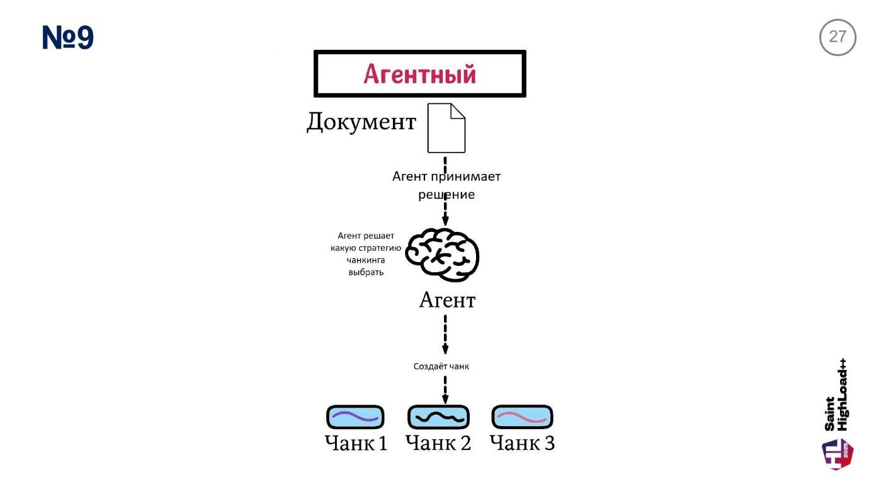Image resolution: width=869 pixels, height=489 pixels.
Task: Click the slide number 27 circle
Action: pos(838,37)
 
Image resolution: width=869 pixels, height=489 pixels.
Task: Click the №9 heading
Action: pos(68,38)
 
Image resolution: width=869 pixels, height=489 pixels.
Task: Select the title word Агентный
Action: pos(419,74)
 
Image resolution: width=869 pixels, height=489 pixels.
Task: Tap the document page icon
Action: pos(446,129)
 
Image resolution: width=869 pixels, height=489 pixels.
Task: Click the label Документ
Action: pos(361,122)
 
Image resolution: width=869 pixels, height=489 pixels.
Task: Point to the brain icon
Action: pos(442,255)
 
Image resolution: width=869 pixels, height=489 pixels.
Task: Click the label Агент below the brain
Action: pos(447,301)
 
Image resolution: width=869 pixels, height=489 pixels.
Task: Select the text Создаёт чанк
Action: pos(441,366)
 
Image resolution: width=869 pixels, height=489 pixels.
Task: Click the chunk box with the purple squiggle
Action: pos(355,417)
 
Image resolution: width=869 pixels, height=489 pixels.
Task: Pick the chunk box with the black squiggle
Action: pos(438,417)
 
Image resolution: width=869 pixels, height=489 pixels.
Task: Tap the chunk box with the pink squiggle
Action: pos(521,417)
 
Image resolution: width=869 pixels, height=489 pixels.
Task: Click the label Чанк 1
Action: pos(356,443)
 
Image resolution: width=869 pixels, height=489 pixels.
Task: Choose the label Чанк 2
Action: pos(438,443)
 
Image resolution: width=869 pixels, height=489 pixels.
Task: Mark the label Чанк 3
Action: pos(522,443)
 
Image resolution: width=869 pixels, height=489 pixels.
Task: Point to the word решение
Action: pos(446,195)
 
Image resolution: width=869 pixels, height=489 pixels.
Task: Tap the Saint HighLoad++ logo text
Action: pos(836,395)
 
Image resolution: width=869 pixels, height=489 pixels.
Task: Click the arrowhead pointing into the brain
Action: pos(445,221)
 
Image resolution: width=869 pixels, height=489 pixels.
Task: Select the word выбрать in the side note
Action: pos(366,272)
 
